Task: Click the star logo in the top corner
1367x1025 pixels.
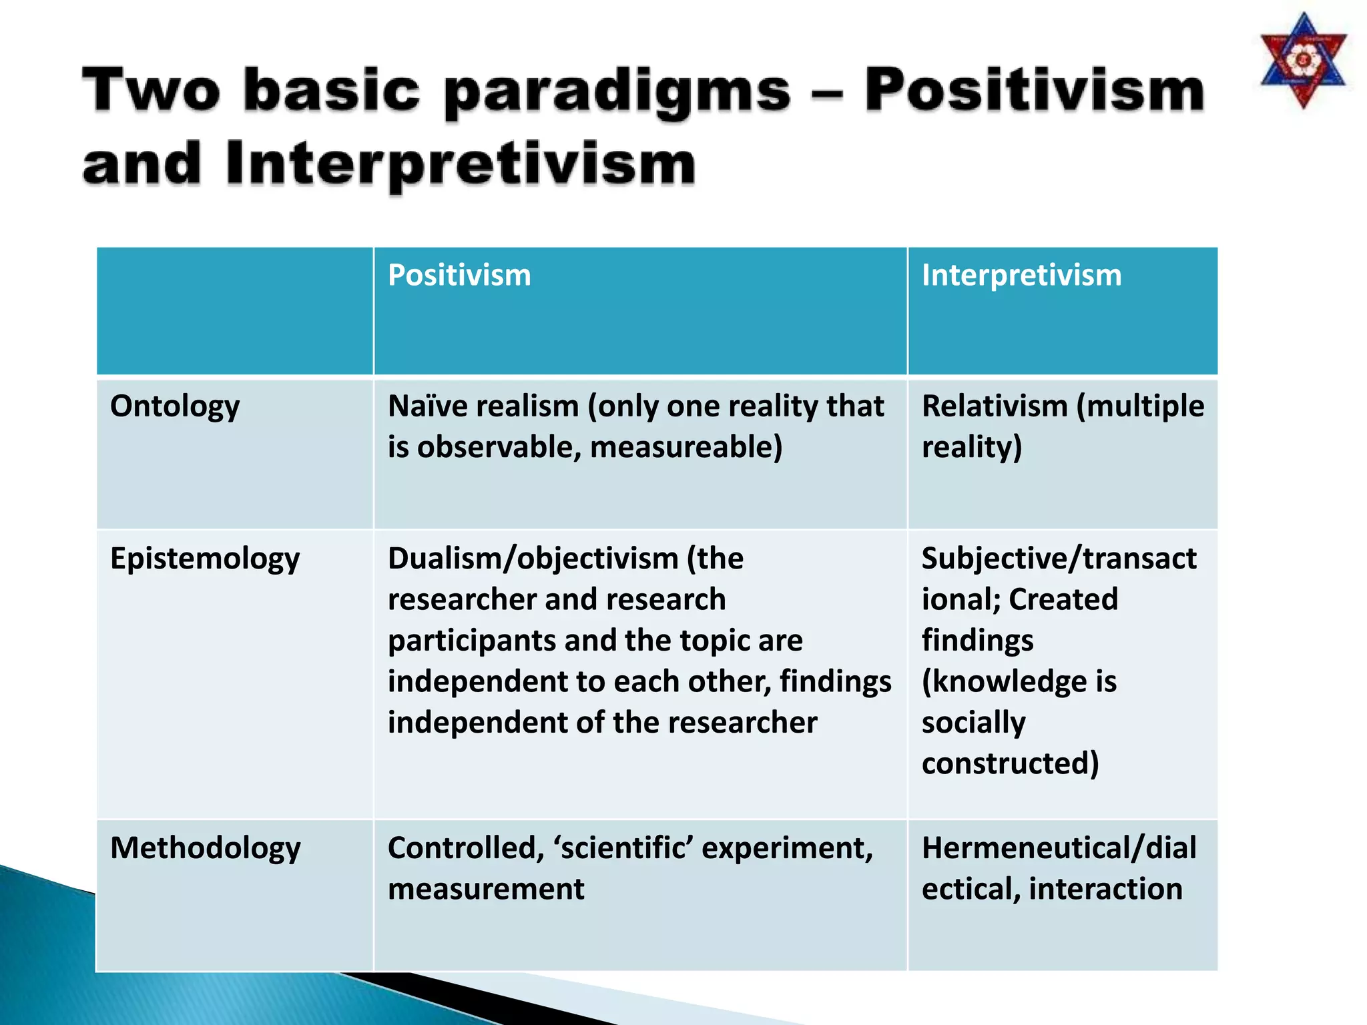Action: point(1303,61)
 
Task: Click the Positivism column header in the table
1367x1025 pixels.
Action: point(459,275)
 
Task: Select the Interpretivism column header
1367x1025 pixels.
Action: point(1021,275)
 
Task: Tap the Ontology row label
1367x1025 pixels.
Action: point(175,406)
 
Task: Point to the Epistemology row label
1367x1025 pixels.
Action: point(205,559)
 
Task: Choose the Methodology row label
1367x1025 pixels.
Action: point(205,848)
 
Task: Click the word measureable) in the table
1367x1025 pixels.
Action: point(686,447)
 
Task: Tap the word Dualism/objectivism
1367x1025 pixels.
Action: point(533,558)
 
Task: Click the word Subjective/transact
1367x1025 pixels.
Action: point(1059,558)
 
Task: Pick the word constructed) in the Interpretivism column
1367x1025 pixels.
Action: point(1010,763)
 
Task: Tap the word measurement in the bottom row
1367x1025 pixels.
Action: point(486,889)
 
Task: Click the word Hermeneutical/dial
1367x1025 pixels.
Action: point(1059,848)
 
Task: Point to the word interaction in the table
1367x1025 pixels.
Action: point(1105,889)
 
